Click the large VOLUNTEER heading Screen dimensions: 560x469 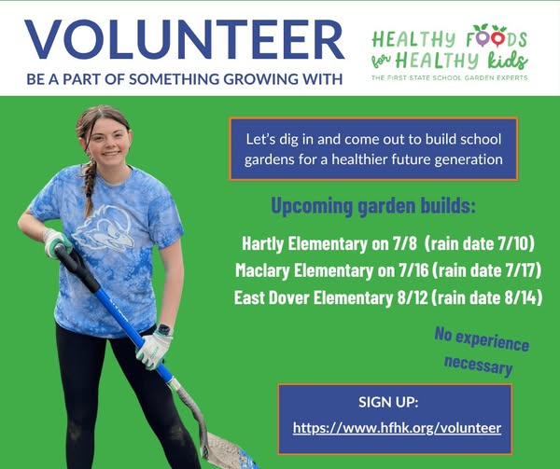(x=184, y=39)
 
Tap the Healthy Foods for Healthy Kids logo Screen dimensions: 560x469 (x=450, y=52)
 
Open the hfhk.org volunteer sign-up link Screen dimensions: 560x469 (x=397, y=428)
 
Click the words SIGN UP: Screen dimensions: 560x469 (x=388, y=402)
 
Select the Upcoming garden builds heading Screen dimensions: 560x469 (x=373, y=206)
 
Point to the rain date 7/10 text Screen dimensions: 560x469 (x=480, y=243)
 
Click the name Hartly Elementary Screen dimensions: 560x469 (x=304, y=243)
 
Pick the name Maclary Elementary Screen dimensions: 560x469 (x=304, y=270)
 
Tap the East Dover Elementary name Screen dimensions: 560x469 (x=314, y=297)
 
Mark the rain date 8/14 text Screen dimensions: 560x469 (x=487, y=297)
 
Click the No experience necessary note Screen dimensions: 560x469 (x=481, y=352)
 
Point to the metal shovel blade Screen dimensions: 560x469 (x=229, y=451)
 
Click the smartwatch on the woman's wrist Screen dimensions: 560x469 (x=164, y=329)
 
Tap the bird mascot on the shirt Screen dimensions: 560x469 (x=104, y=228)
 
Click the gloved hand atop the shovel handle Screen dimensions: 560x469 (x=56, y=243)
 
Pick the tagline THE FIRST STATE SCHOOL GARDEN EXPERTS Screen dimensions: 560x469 (x=449, y=77)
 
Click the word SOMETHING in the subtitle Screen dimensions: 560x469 (x=174, y=79)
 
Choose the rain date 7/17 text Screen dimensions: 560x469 (x=487, y=270)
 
